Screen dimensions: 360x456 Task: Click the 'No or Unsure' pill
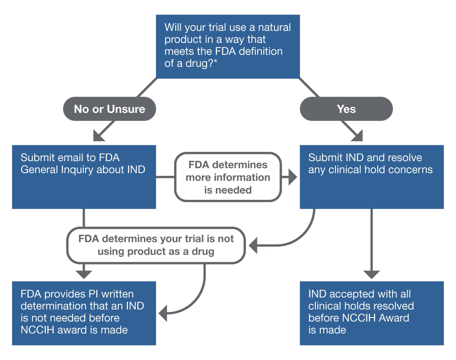pos(109,109)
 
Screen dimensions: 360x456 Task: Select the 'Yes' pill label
pos(346,109)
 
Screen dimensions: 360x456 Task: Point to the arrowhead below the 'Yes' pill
pos(358,136)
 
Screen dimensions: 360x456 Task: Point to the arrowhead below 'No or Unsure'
pos(98,136)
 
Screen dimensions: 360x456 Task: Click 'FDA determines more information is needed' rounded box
pos(228,177)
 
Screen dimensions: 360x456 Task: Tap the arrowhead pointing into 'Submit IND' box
pos(292,177)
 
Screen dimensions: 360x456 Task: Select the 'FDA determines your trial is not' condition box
pos(156,245)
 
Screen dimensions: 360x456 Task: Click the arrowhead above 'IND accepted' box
pos(372,274)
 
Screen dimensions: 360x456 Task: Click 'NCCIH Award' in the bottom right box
pos(375,318)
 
